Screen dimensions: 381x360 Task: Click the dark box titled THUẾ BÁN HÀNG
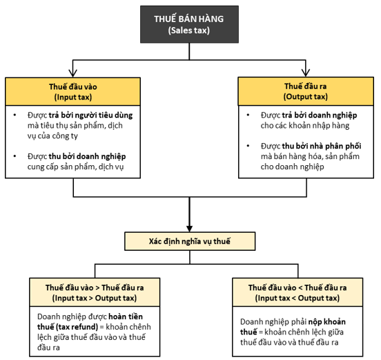coord(189,24)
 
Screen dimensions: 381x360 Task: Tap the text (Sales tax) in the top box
coord(189,30)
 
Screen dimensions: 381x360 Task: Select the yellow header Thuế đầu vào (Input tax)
coord(73,91)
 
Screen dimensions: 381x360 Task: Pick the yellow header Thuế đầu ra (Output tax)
coord(306,91)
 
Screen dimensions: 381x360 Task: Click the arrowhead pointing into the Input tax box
coord(73,73)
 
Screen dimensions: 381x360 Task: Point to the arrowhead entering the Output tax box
coord(306,73)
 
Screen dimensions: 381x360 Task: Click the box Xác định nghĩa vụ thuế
coord(190,241)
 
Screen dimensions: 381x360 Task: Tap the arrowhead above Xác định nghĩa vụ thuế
coord(190,229)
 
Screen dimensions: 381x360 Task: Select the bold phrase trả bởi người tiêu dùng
coord(90,115)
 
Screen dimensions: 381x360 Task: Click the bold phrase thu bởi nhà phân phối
coord(322,146)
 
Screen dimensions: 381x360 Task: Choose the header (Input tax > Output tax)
coord(95,298)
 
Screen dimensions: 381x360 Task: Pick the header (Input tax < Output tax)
coord(297,298)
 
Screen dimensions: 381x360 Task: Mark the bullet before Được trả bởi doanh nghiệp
coord(248,115)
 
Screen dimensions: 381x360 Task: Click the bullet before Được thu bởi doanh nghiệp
coord(14,156)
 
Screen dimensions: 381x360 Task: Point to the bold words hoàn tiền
coord(126,316)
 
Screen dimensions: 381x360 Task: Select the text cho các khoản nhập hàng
coord(305,126)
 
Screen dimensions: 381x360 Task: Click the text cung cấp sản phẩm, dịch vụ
coord(75,167)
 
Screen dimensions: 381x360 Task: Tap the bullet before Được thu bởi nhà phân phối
coord(248,146)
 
